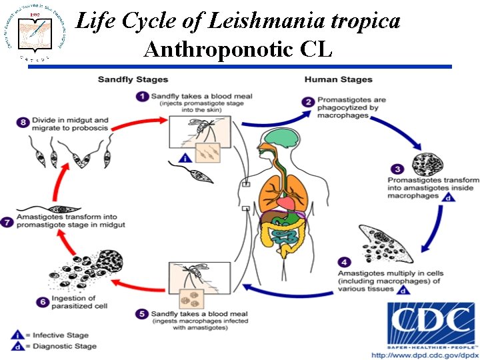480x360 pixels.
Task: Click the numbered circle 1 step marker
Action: pos(142,96)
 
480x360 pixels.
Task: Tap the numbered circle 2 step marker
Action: pos(308,102)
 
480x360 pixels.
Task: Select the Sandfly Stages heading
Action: pos(133,80)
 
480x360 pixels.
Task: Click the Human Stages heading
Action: pos(338,80)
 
